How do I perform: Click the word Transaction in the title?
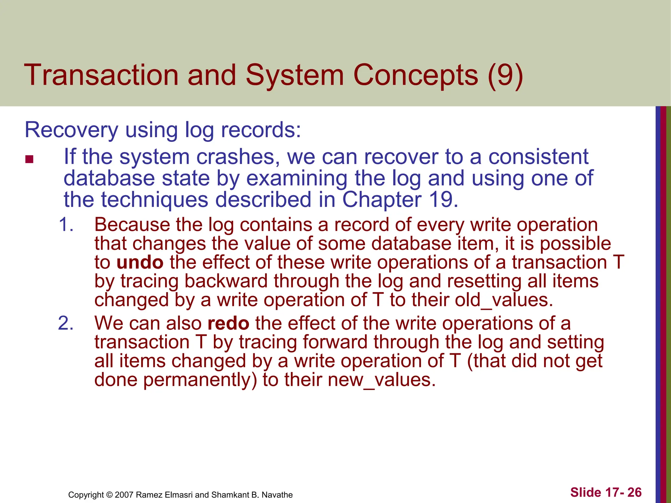pos(101,75)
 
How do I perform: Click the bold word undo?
pos(140,262)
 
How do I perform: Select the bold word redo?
pos(228,323)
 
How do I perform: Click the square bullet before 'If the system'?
pos(29,159)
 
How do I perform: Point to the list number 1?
pos(66,225)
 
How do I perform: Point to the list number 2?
pos(66,323)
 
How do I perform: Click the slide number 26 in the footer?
pos(634,492)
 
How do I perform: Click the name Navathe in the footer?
pos(277,495)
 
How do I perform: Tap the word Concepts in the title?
pos(416,75)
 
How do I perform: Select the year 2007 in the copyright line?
pos(124,495)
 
